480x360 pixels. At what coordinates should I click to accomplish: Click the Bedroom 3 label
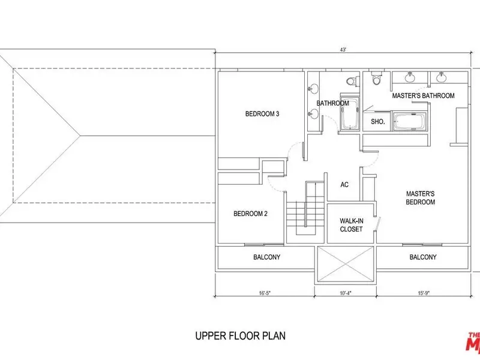click(x=262, y=114)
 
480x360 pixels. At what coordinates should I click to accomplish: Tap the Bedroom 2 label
click(x=250, y=214)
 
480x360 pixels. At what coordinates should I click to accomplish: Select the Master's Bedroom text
click(x=421, y=198)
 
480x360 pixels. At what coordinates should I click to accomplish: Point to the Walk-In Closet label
click(x=351, y=225)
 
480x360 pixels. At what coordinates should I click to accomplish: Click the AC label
click(x=344, y=185)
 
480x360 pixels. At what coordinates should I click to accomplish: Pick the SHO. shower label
click(x=378, y=122)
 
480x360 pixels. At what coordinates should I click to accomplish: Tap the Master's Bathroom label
click(x=423, y=96)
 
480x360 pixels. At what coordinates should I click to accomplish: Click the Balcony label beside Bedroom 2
click(x=266, y=257)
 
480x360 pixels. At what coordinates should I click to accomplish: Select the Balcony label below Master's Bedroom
click(x=423, y=257)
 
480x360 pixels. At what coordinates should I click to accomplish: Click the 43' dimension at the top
click(x=343, y=50)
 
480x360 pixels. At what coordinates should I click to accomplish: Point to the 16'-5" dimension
click(x=265, y=293)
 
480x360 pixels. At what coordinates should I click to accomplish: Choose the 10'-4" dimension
click(x=346, y=293)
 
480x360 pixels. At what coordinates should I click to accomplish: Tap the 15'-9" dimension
click(x=424, y=293)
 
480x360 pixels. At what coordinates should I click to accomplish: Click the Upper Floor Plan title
click(x=241, y=336)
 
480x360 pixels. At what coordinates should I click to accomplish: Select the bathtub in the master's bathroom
click(x=410, y=122)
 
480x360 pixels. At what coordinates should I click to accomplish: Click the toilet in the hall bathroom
click(x=351, y=81)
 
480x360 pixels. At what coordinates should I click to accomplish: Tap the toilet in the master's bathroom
click(x=376, y=79)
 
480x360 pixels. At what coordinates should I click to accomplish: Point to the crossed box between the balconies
click(x=346, y=264)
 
